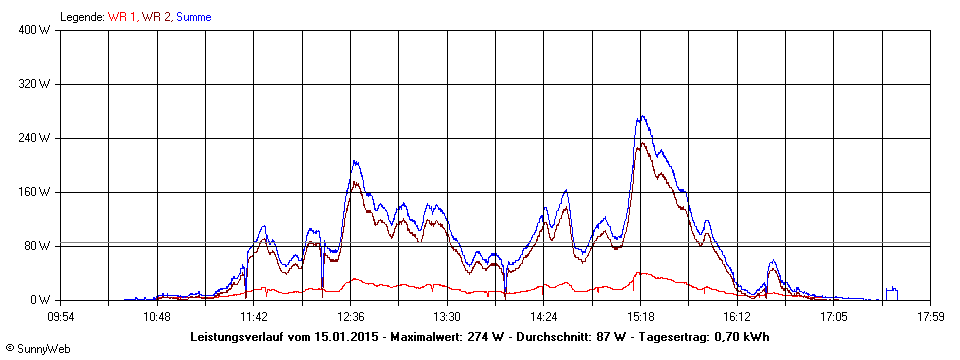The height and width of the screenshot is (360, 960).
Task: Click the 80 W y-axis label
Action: (38, 246)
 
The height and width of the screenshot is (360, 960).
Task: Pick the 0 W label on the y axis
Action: (41, 300)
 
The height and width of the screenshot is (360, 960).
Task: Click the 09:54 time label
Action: (61, 316)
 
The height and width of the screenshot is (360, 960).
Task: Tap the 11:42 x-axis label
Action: (254, 316)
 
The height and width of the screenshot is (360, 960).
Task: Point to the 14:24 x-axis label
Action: (543, 316)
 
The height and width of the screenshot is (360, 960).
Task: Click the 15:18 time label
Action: (640, 316)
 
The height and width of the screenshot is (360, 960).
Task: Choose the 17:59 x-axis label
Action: (930, 316)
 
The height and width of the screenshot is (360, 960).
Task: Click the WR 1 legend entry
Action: (123, 17)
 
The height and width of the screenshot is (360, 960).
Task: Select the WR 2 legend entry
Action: (157, 17)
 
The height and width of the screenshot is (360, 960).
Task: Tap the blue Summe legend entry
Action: (193, 17)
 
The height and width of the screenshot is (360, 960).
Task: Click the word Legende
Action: (82, 17)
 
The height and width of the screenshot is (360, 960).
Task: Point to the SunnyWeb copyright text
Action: (37, 350)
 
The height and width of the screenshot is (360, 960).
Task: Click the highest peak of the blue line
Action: (642, 116)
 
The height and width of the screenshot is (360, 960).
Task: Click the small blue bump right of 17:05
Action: (891, 291)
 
